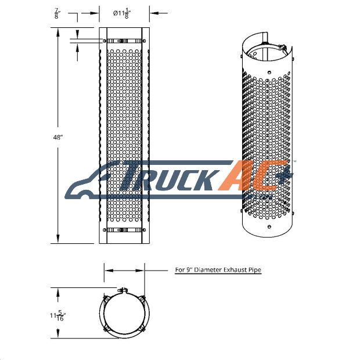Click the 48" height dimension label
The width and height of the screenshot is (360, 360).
pos(58,137)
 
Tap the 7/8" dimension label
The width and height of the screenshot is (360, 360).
pos(57,13)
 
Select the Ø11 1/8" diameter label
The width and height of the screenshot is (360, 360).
pos(121,13)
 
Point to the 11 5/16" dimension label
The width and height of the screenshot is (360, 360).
pos(57,315)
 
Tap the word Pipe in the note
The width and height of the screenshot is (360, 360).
pos(255,270)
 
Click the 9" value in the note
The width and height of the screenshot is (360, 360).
pos(189,269)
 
